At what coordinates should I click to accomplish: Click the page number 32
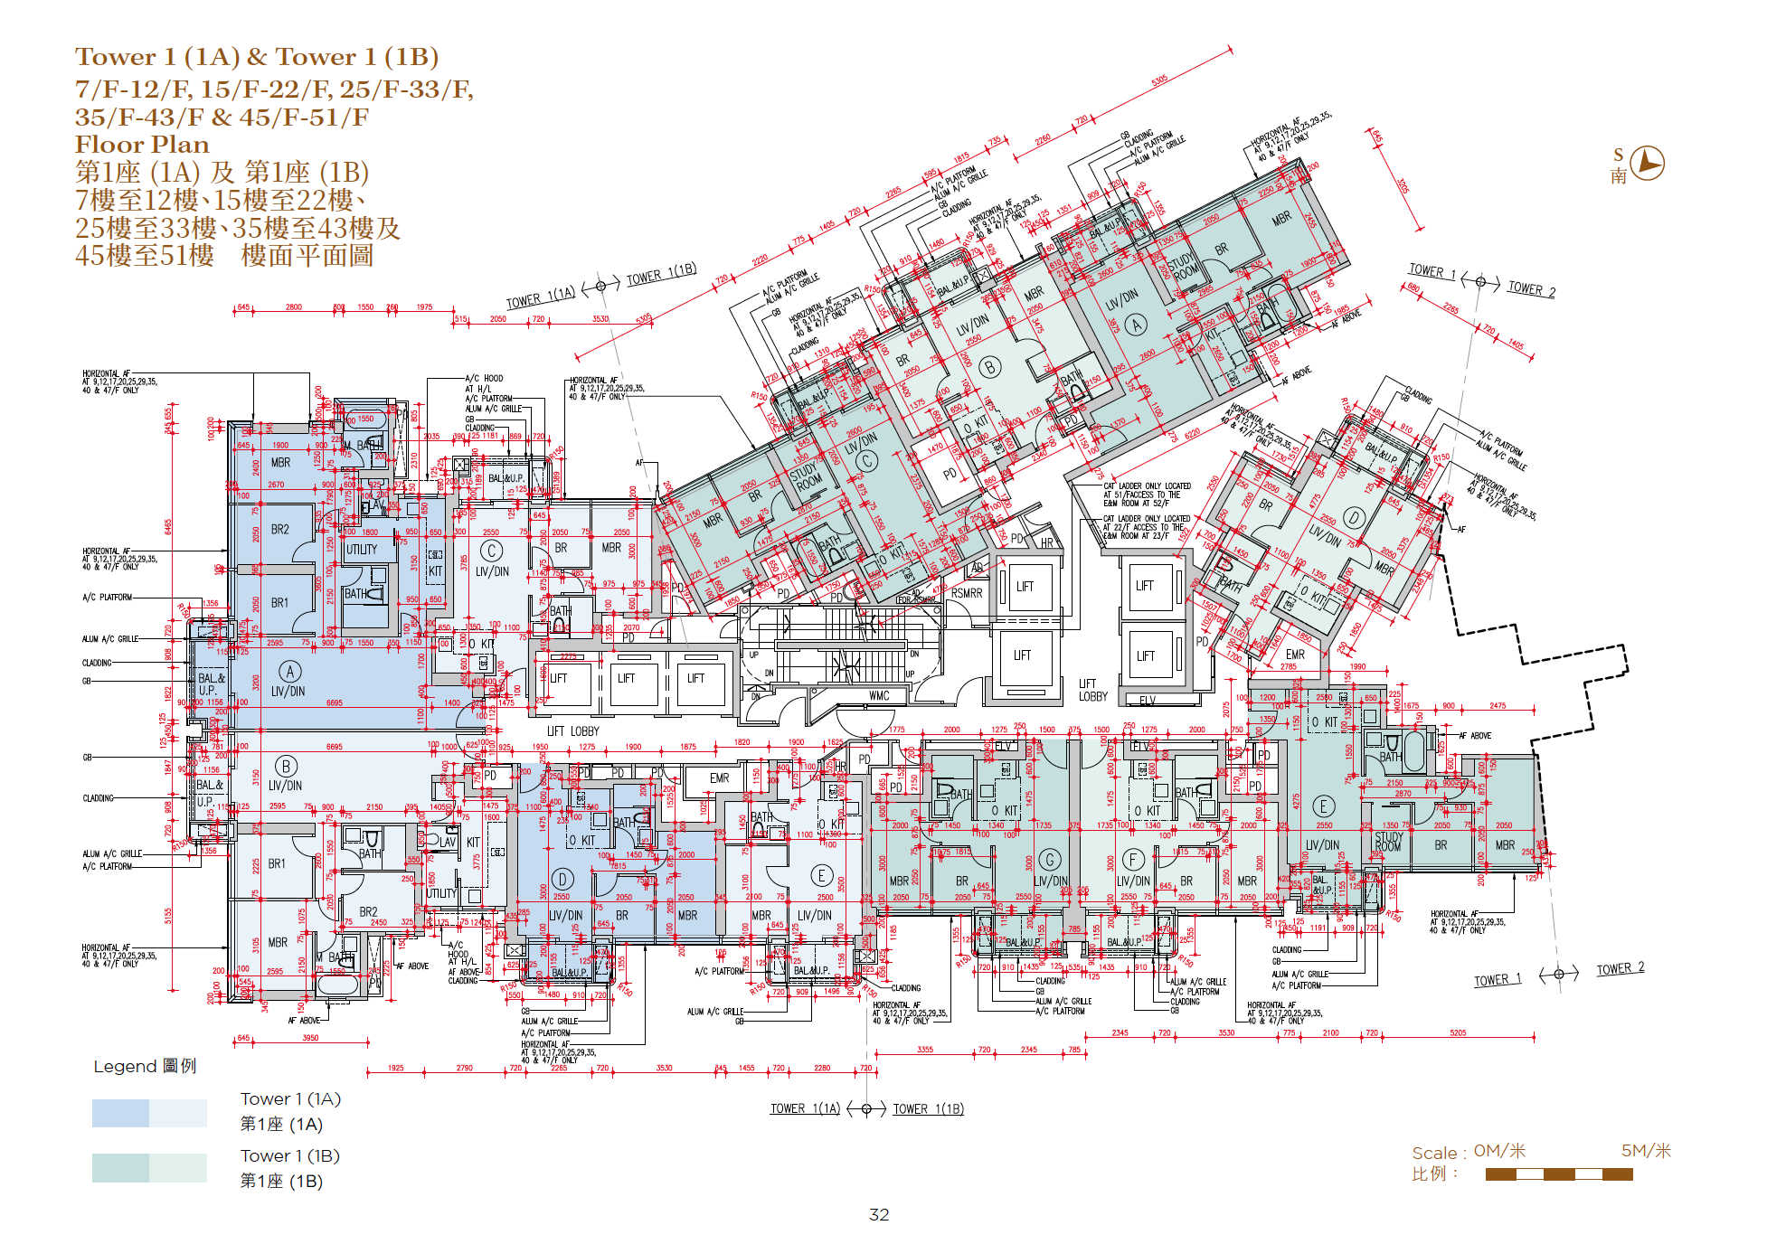(878, 1215)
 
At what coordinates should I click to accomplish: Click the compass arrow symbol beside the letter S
(1648, 164)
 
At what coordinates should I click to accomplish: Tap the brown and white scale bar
(1558, 1174)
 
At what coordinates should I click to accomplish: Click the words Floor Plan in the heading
(142, 145)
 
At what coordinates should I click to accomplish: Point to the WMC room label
(879, 696)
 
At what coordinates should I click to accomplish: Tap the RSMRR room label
(966, 593)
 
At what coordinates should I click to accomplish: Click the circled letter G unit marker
(1050, 859)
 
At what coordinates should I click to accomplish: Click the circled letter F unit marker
(1132, 859)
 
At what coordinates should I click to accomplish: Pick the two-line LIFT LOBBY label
(1092, 690)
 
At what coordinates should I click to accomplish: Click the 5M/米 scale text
(1646, 1151)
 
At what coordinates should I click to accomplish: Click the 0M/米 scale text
(1499, 1151)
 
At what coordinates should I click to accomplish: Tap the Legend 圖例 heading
(145, 1067)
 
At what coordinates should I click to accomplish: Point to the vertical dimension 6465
(168, 526)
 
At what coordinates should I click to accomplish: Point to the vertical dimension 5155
(168, 916)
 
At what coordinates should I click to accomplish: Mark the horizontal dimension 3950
(310, 1038)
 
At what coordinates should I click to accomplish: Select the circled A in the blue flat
(289, 672)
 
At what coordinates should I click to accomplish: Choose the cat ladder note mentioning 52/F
(1146, 495)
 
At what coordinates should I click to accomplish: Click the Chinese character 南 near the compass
(1618, 176)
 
